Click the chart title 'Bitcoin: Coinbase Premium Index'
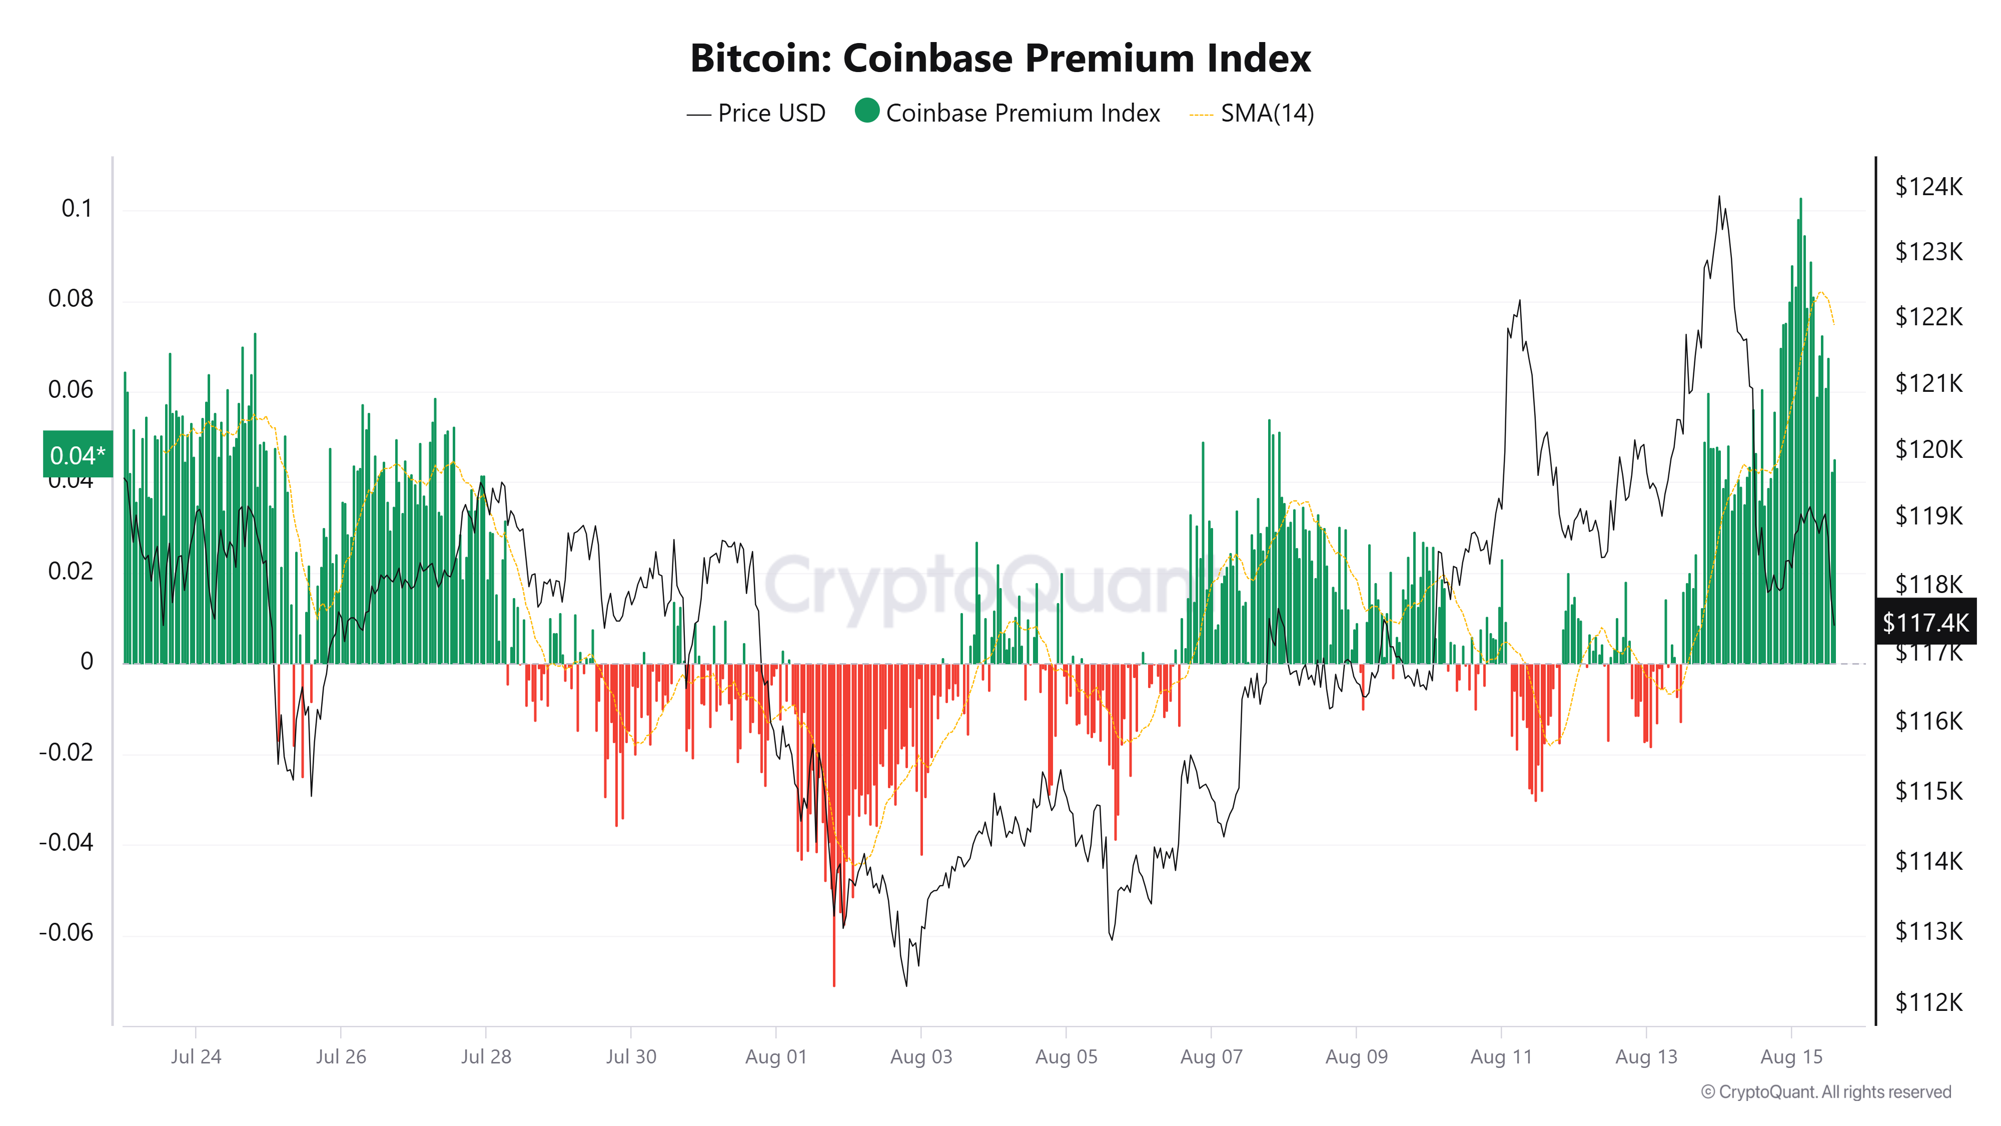click(1000, 58)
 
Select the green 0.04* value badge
click(77, 454)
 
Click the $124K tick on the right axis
click(1928, 187)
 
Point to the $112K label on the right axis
click(1928, 1002)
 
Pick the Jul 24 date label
click(196, 1057)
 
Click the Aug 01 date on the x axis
click(776, 1057)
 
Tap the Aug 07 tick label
click(1211, 1057)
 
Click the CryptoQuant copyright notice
click(1825, 1092)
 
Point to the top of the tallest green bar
click(1800, 200)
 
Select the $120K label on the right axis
click(1928, 449)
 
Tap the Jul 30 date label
click(631, 1057)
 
